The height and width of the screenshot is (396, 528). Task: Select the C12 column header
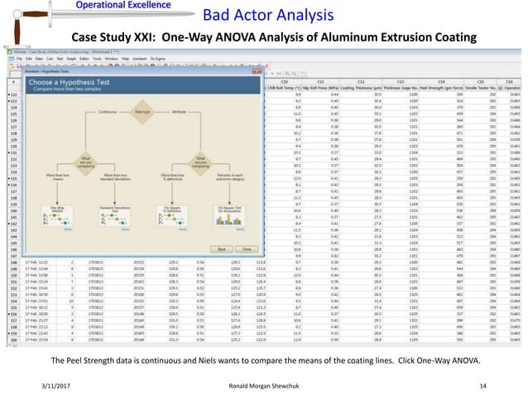tap(361, 81)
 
